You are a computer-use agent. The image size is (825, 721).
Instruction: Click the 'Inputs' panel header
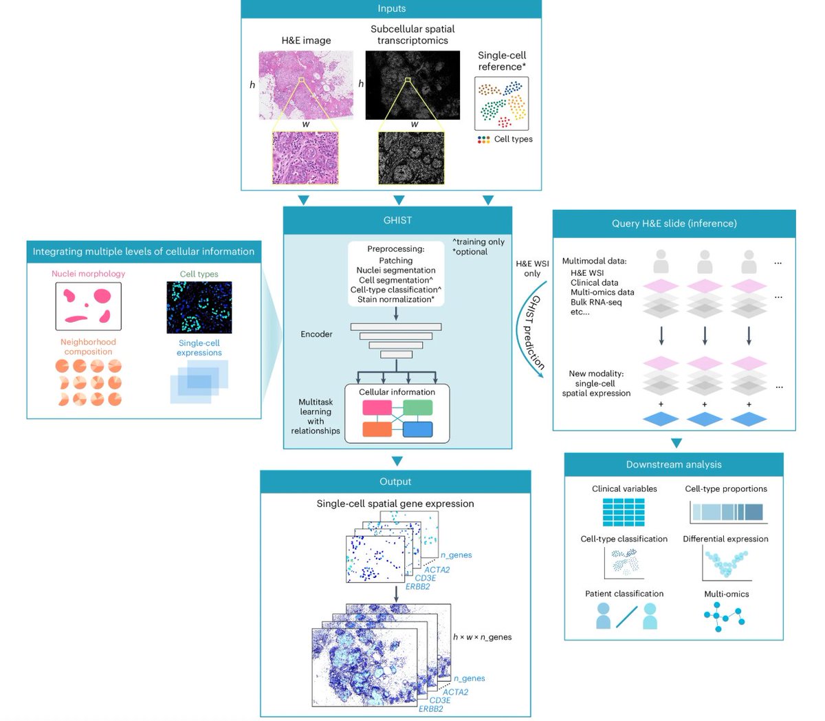tap(391, 9)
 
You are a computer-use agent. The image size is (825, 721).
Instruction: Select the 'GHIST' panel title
tap(397, 220)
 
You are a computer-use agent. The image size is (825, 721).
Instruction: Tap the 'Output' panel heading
tap(395, 482)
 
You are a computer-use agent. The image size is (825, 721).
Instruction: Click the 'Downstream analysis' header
tap(674, 464)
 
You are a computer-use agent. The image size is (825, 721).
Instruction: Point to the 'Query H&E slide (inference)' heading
tap(674, 224)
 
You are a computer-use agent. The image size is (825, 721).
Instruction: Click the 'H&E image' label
tap(306, 41)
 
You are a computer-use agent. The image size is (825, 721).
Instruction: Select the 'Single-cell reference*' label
tap(502, 61)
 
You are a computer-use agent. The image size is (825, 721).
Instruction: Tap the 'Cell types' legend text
tap(513, 139)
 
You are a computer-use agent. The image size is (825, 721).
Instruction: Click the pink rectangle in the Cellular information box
tap(377, 407)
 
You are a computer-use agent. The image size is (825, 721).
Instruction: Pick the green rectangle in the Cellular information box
tap(417, 407)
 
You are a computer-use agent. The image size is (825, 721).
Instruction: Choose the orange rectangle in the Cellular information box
tap(377, 429)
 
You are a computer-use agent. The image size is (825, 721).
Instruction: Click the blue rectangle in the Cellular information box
tap(417, 429)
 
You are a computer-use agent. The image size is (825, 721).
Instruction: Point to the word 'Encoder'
tap(316, 334)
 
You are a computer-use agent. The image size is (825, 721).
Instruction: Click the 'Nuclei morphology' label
tap(88, 274)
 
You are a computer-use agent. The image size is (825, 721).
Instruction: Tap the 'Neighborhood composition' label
tap(88, 347)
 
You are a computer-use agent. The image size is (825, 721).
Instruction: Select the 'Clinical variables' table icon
tap(624, 513)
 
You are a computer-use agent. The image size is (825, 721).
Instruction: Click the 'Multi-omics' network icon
tap(725, 616)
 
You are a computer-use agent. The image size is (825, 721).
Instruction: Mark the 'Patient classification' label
tap(624, 594)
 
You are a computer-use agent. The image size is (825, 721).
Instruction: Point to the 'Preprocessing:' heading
tap(396, 249)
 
